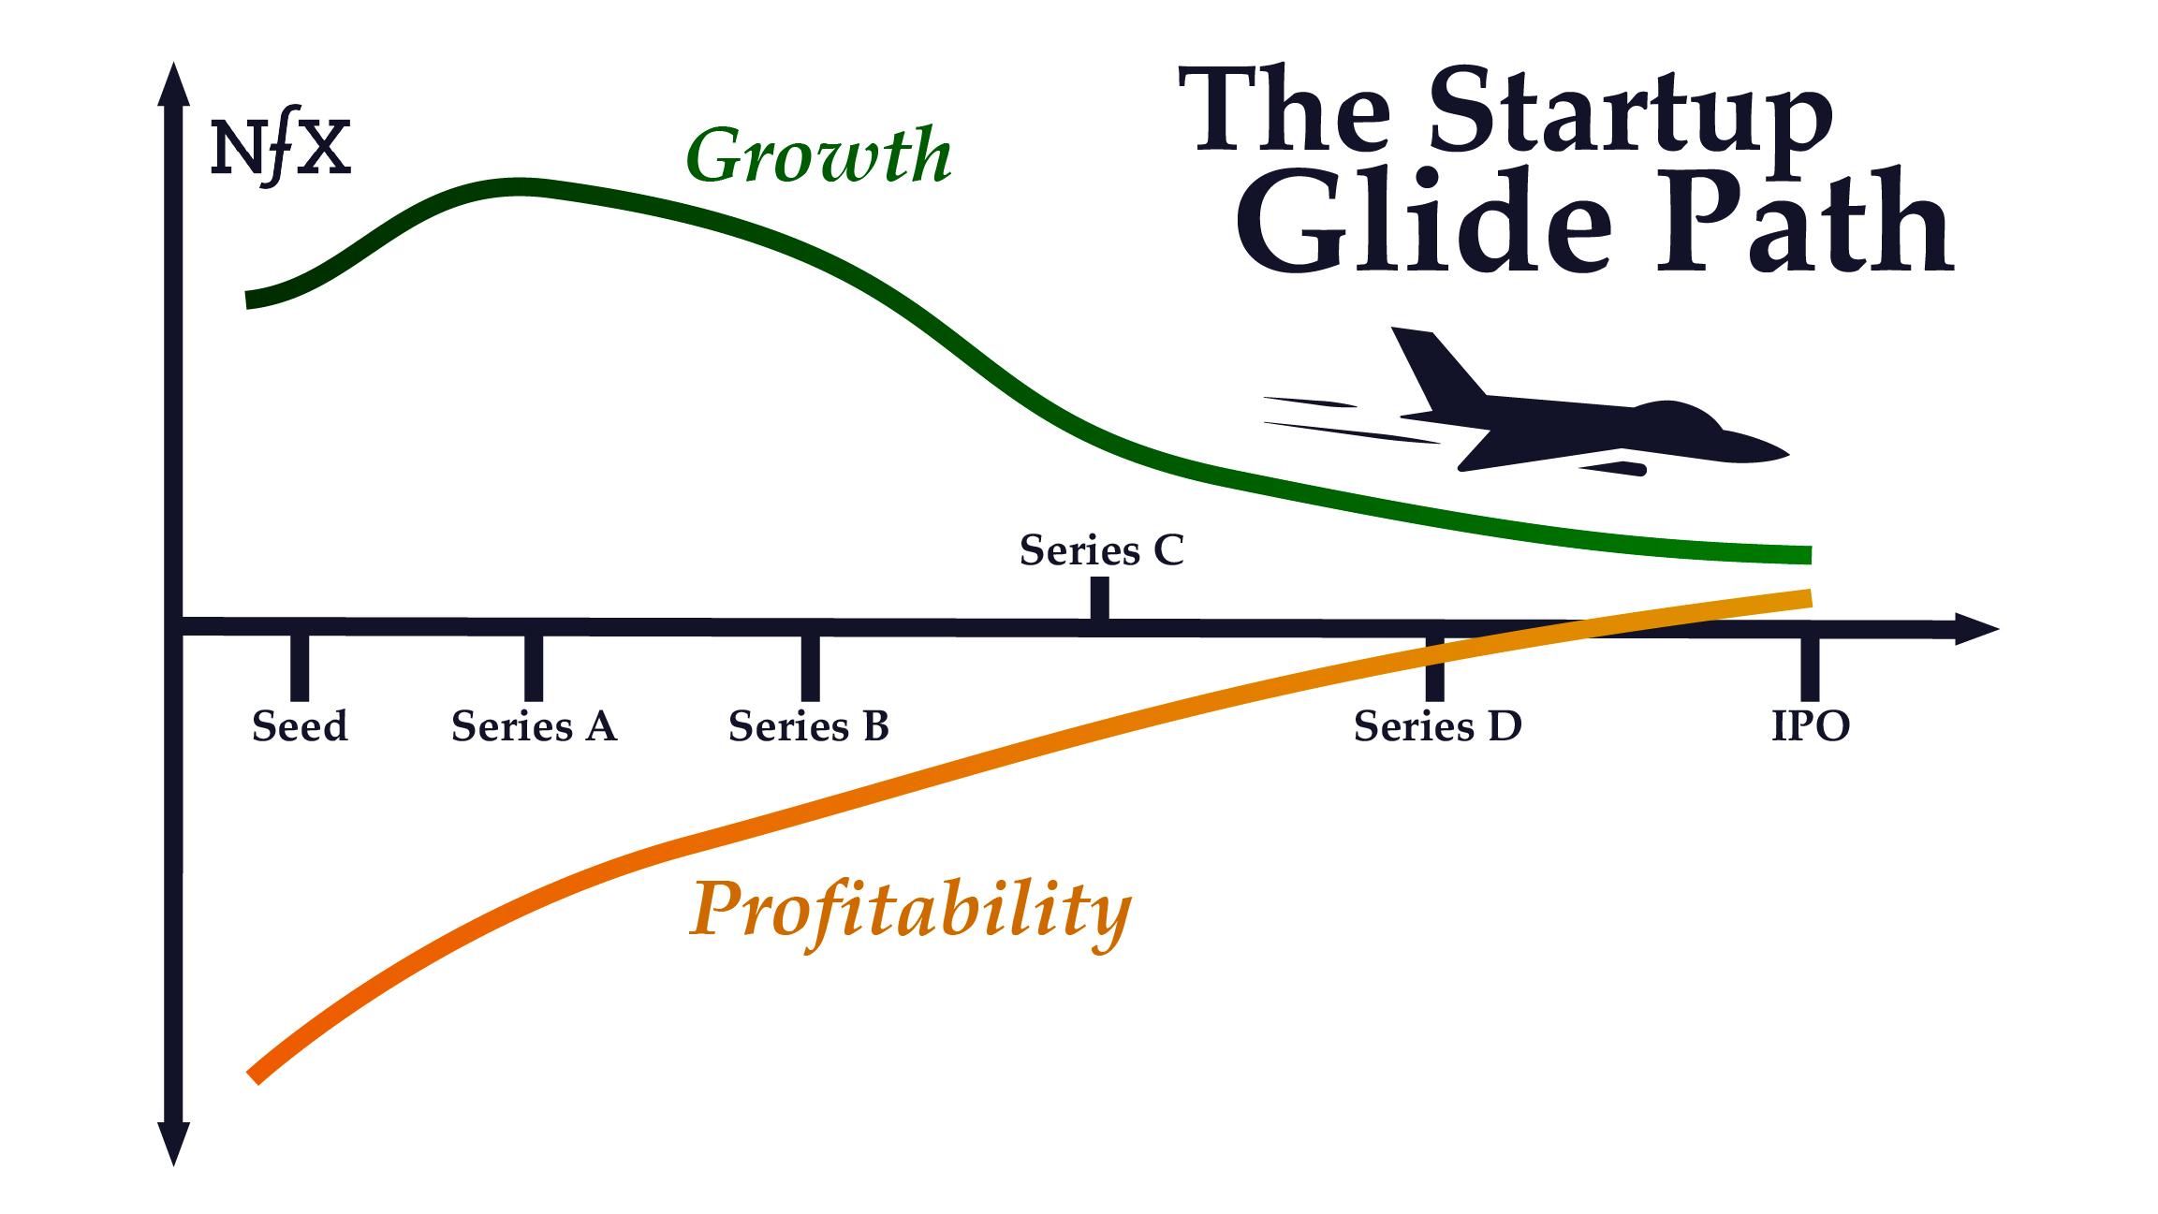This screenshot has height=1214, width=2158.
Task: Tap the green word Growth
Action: click(819, 155)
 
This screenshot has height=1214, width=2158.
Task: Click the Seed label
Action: click(300, 726)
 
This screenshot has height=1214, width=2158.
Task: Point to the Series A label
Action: click(534, 726)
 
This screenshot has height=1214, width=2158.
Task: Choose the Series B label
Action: click(809, 726)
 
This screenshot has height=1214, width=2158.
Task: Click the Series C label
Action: click(1102, 550)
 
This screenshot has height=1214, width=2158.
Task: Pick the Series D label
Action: click(1438, 726)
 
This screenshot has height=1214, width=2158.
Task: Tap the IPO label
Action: click(1811, 726)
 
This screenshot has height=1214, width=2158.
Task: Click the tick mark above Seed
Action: click(300, 668)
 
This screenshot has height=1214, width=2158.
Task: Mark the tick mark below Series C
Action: click(1100, 598)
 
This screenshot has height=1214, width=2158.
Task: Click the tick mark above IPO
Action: click(1811, 668)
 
